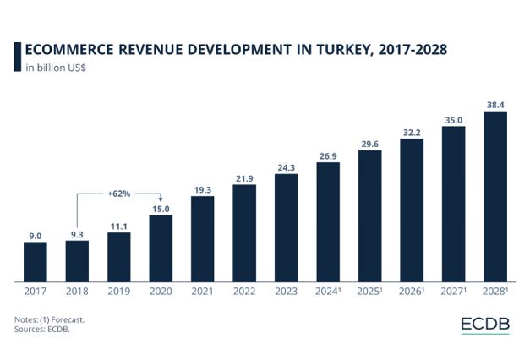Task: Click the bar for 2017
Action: tap(36, 261)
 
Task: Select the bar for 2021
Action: tap(203, 238)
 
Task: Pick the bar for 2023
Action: tap(287, 227)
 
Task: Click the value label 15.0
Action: tap(161, 208)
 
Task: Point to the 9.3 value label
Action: tap(77, 233)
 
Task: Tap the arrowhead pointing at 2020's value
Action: tap(161, 199)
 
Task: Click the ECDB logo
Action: tap(485, 325)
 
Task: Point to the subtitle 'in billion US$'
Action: tap(56, 68)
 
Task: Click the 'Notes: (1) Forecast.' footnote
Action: tap(49, 319)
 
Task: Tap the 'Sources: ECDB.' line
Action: tap(41, 330)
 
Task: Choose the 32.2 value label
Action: tap(411, 132)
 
